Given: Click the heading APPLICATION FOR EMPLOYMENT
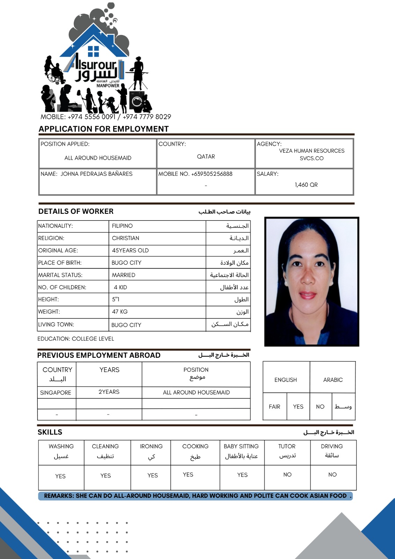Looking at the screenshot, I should pyautogui.click(x=104, y=129).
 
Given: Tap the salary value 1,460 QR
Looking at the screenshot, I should pyautogui.click(x=306, y=185).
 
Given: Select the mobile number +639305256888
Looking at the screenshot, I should pyautogui.click(x=212, y=174).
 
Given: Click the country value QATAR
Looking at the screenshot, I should pyautogui.click(x=206, y=157).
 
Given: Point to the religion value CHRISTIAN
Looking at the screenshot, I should pyautogui.click(x=125, y=238).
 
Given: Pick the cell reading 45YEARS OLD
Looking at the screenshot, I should pyautogui.click(x=130, y=251).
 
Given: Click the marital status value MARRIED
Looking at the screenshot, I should pyautogui.click(x=123, y=275).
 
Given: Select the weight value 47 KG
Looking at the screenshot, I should pyautogui.click(x=120, y=312).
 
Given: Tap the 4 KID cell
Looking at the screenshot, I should pyautogui.click(x=120, y=288).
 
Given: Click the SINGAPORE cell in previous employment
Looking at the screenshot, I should pyautogui.click(x=56, y=393).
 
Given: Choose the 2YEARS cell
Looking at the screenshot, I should pyautogui.click(x=109, y=392).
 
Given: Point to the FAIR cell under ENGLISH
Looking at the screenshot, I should pyautogui.click(x=275, y=407).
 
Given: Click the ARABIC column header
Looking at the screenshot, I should pyautogui.click(x=333, y=380).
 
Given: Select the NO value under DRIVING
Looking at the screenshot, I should pyautogui.click(x=332, y=474).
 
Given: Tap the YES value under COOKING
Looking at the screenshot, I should pyautogui.click(x=188, y=474).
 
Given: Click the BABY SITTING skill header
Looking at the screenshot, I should pyautogui.click(x=241, y=447).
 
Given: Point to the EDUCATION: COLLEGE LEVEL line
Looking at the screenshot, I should pyautogui.click(x=76, y=339).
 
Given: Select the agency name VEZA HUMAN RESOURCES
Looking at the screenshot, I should pyautogui.click(x=312, y=151).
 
